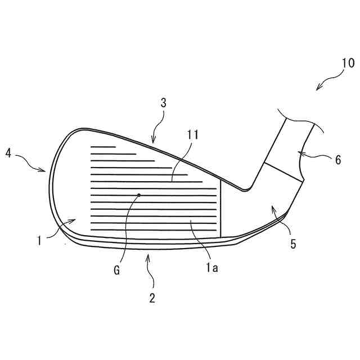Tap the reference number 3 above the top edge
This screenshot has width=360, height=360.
(x=164, y=103)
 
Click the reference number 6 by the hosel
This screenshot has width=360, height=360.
(x=337, y=160)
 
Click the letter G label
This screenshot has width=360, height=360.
(x=117, y=271)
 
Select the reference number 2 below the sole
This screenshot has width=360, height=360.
(x=152, y=298)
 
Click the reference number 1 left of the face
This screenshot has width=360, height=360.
(x=39, y=240)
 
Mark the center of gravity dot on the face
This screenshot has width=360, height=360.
(x=139, y=195)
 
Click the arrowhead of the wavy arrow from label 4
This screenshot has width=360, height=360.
(x=47, y=172)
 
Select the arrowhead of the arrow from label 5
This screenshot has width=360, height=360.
(x=272, y=207)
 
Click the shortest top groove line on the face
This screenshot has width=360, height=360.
(x=103, y=146)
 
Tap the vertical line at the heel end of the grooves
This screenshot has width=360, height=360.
(x=220, y=211)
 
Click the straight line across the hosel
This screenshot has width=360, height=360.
(x=283, y=172)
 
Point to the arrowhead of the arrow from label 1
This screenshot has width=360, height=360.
(x=75, y=219)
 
